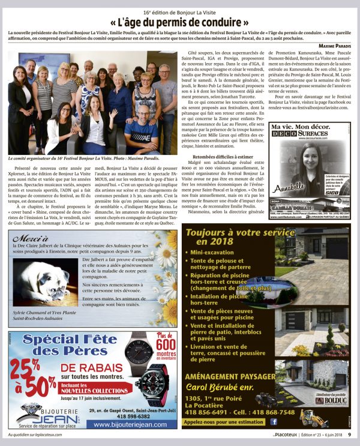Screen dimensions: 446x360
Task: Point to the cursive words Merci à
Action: tap(28, 238)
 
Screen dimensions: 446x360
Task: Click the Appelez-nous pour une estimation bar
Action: tap(224, 421)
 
